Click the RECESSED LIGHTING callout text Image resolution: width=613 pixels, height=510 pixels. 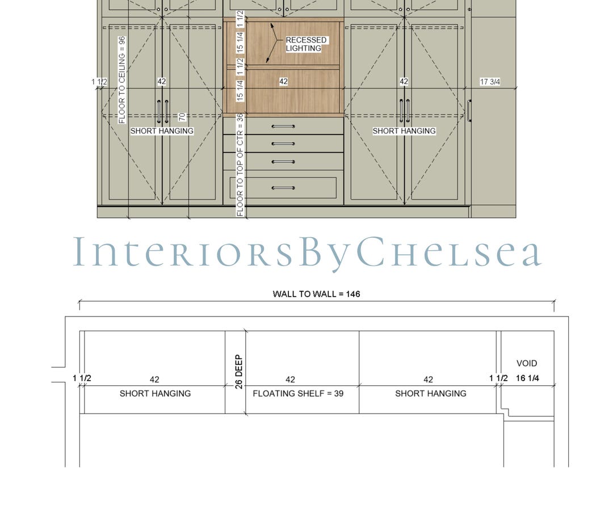(306, 44)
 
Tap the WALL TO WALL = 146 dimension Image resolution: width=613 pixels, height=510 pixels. (316, 294)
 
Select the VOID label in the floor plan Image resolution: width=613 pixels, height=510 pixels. (526, 363)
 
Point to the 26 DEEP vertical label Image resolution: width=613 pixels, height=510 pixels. (238, 372)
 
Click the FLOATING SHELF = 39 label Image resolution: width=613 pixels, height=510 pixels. (298, 393)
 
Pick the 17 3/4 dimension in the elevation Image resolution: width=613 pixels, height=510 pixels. (490, 82)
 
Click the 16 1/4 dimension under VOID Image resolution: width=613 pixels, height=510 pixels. (527, 379)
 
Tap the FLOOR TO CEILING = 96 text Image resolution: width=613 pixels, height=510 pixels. (121, 79)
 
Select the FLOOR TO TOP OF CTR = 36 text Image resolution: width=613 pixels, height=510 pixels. (240, 165)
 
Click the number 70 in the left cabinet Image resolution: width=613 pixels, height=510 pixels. (182, 117)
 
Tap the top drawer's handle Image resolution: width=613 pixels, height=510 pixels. (283, 126)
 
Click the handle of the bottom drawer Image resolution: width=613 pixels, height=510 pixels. (283, 188)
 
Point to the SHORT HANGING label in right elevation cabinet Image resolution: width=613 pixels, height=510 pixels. (404, 131)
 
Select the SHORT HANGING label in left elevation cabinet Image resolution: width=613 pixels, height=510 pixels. (162, 131)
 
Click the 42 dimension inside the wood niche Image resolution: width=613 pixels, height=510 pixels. (283, 82)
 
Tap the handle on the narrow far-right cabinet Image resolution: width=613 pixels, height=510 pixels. (469, 111)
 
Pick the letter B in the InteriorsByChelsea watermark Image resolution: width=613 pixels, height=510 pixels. (310, 253)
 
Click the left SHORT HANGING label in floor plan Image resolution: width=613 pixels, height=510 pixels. (155, 393)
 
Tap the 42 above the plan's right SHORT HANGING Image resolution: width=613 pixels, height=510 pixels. (428, 380)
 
